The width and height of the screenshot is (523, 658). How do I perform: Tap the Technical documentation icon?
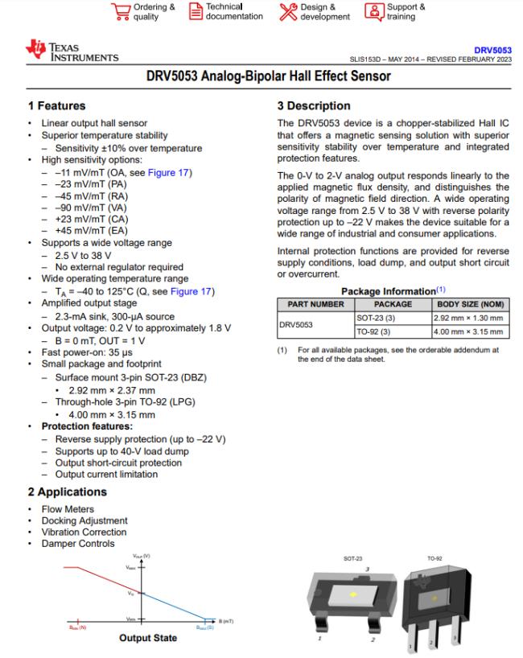click(196, 11)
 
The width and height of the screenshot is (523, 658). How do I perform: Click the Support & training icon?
click(374, 11)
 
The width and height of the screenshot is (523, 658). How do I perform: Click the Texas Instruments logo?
click(73, 54)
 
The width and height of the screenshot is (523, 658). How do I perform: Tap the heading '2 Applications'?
click(67, 491)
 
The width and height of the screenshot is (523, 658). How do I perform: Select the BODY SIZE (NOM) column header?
click(469, 304)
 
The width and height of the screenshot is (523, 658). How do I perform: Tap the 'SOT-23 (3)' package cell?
click(373, 318)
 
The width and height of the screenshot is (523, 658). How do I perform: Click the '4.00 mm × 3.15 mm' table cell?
click(469, 331)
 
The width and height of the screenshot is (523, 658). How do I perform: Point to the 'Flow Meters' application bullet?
click(68, 509)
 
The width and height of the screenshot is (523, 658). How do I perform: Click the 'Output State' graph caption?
click(147, 638)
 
